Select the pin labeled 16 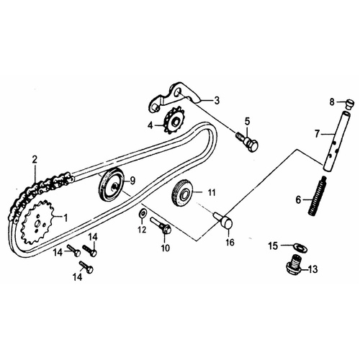tap(222, 220)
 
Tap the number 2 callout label tap(34, 159)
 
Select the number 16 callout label tap(230, 243)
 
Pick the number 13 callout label tap(312, 270)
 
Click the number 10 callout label tap(166, 248)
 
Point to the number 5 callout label tap(246, 120)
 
